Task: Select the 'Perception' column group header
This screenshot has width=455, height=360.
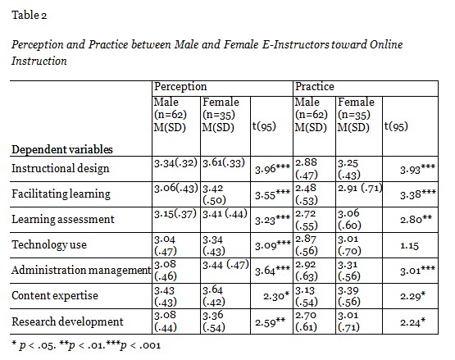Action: point(180,86)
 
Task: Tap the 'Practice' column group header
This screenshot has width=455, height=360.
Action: point(316,86)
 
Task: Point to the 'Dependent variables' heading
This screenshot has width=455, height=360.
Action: point(62,149)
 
